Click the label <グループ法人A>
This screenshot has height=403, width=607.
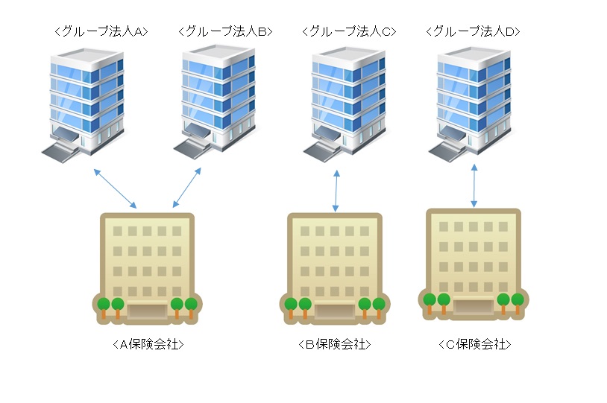(x=101, y=31)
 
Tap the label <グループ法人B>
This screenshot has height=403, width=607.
(x=225, y=31)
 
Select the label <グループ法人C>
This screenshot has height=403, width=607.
(x=349, y=31)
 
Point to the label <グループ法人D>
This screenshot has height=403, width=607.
(x=473, y=31)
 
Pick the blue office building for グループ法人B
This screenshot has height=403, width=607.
(x=215, y=101)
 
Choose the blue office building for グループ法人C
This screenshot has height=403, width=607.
(x=345, y=101)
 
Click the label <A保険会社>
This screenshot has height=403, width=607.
(x=147, y=345)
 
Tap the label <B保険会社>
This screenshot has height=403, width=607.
(x=334, y=345)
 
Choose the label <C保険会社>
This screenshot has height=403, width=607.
(x=474, y=344)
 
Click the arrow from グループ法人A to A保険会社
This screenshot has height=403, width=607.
(x=116, y=188)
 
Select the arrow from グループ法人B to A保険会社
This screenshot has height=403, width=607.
(x=187, y=188)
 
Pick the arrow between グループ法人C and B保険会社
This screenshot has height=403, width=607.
(x=336, y=191)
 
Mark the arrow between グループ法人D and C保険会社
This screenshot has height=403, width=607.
(x=474, y=186)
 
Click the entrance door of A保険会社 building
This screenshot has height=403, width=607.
(x=147, y=311)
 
